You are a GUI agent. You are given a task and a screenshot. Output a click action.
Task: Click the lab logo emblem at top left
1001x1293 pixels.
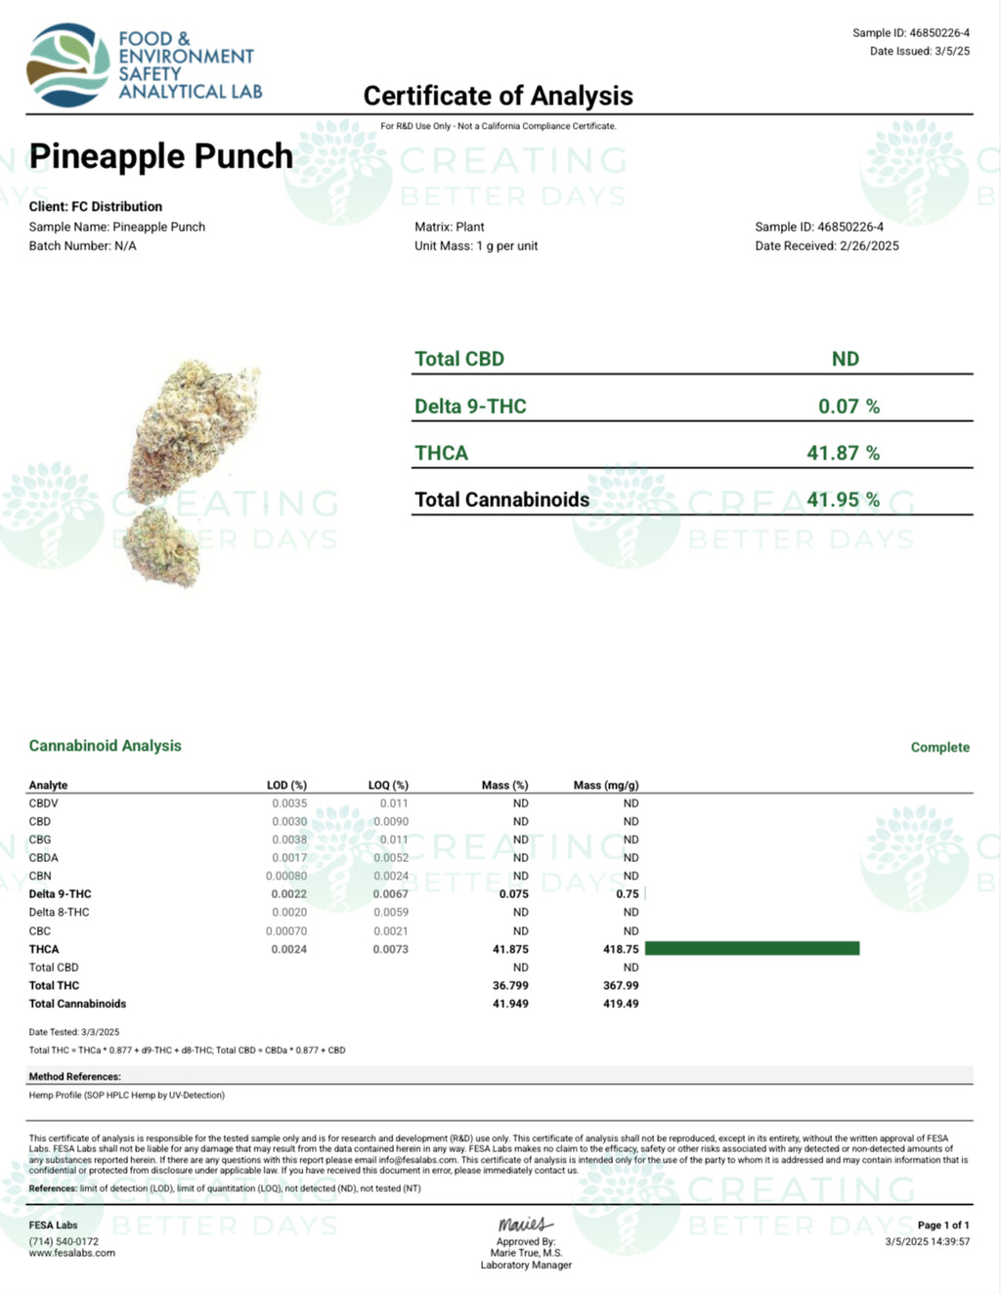(x=67, y=65)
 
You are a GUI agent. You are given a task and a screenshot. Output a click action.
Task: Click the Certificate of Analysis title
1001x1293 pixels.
(x=498, y=96)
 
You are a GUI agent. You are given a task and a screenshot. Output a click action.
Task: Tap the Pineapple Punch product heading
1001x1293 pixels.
(x=161, y=156)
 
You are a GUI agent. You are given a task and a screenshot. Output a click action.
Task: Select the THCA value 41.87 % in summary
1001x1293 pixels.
(x=843, y=453)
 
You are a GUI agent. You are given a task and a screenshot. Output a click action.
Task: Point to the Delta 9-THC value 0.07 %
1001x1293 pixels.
(x=849, y=407)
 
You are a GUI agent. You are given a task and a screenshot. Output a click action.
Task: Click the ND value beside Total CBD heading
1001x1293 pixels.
(x=846, y=360)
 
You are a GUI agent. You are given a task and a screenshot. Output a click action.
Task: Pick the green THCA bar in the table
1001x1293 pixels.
(x=752, y=949)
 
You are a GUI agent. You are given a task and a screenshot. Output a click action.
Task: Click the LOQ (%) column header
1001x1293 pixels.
(x=388, y=786)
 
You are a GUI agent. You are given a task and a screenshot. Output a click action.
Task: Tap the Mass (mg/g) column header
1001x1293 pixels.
(x=606, y=786)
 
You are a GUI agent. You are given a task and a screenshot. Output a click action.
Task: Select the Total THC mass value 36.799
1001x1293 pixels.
(x=510, y=986)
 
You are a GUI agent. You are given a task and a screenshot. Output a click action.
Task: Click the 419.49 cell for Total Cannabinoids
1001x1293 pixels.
(x=621, y=1004)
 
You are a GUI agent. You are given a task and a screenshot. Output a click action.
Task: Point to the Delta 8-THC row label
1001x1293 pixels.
(x=59, y=913)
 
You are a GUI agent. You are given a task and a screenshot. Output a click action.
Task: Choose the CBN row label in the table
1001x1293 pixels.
(x=40, y=877)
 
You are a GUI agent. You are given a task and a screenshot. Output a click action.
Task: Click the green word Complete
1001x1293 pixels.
(x=939, y=748)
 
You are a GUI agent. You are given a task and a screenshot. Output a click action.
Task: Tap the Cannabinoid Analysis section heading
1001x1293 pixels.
(x=106, y=746)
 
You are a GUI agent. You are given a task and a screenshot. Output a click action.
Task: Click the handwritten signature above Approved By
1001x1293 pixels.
(x=525, y=1225)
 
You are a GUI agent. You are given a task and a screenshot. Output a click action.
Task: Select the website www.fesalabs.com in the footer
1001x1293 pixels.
(x=71, y=1253)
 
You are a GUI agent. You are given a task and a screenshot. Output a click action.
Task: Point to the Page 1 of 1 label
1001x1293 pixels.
(x=943, y=1226)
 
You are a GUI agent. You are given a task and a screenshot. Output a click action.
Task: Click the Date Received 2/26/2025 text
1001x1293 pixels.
(x=827, y=246)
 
